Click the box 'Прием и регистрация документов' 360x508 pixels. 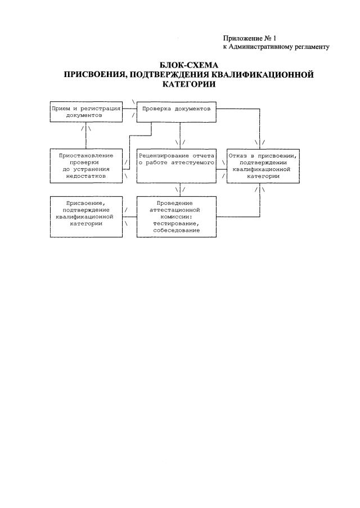point(86,111)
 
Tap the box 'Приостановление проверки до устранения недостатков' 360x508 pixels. point(86,165)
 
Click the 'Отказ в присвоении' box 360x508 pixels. point(259,165)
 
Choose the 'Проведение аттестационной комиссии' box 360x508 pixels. point(176,217)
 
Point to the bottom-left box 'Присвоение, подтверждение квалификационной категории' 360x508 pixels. point(86,217)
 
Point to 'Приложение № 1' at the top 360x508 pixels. point(250,38)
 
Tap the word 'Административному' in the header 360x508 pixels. point(258,47)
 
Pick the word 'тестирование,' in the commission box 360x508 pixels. point(176,223)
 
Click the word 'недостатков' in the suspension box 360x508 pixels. point(86,176)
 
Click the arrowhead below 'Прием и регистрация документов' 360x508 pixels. point(86,129)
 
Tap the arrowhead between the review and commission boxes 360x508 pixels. point(180,191)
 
